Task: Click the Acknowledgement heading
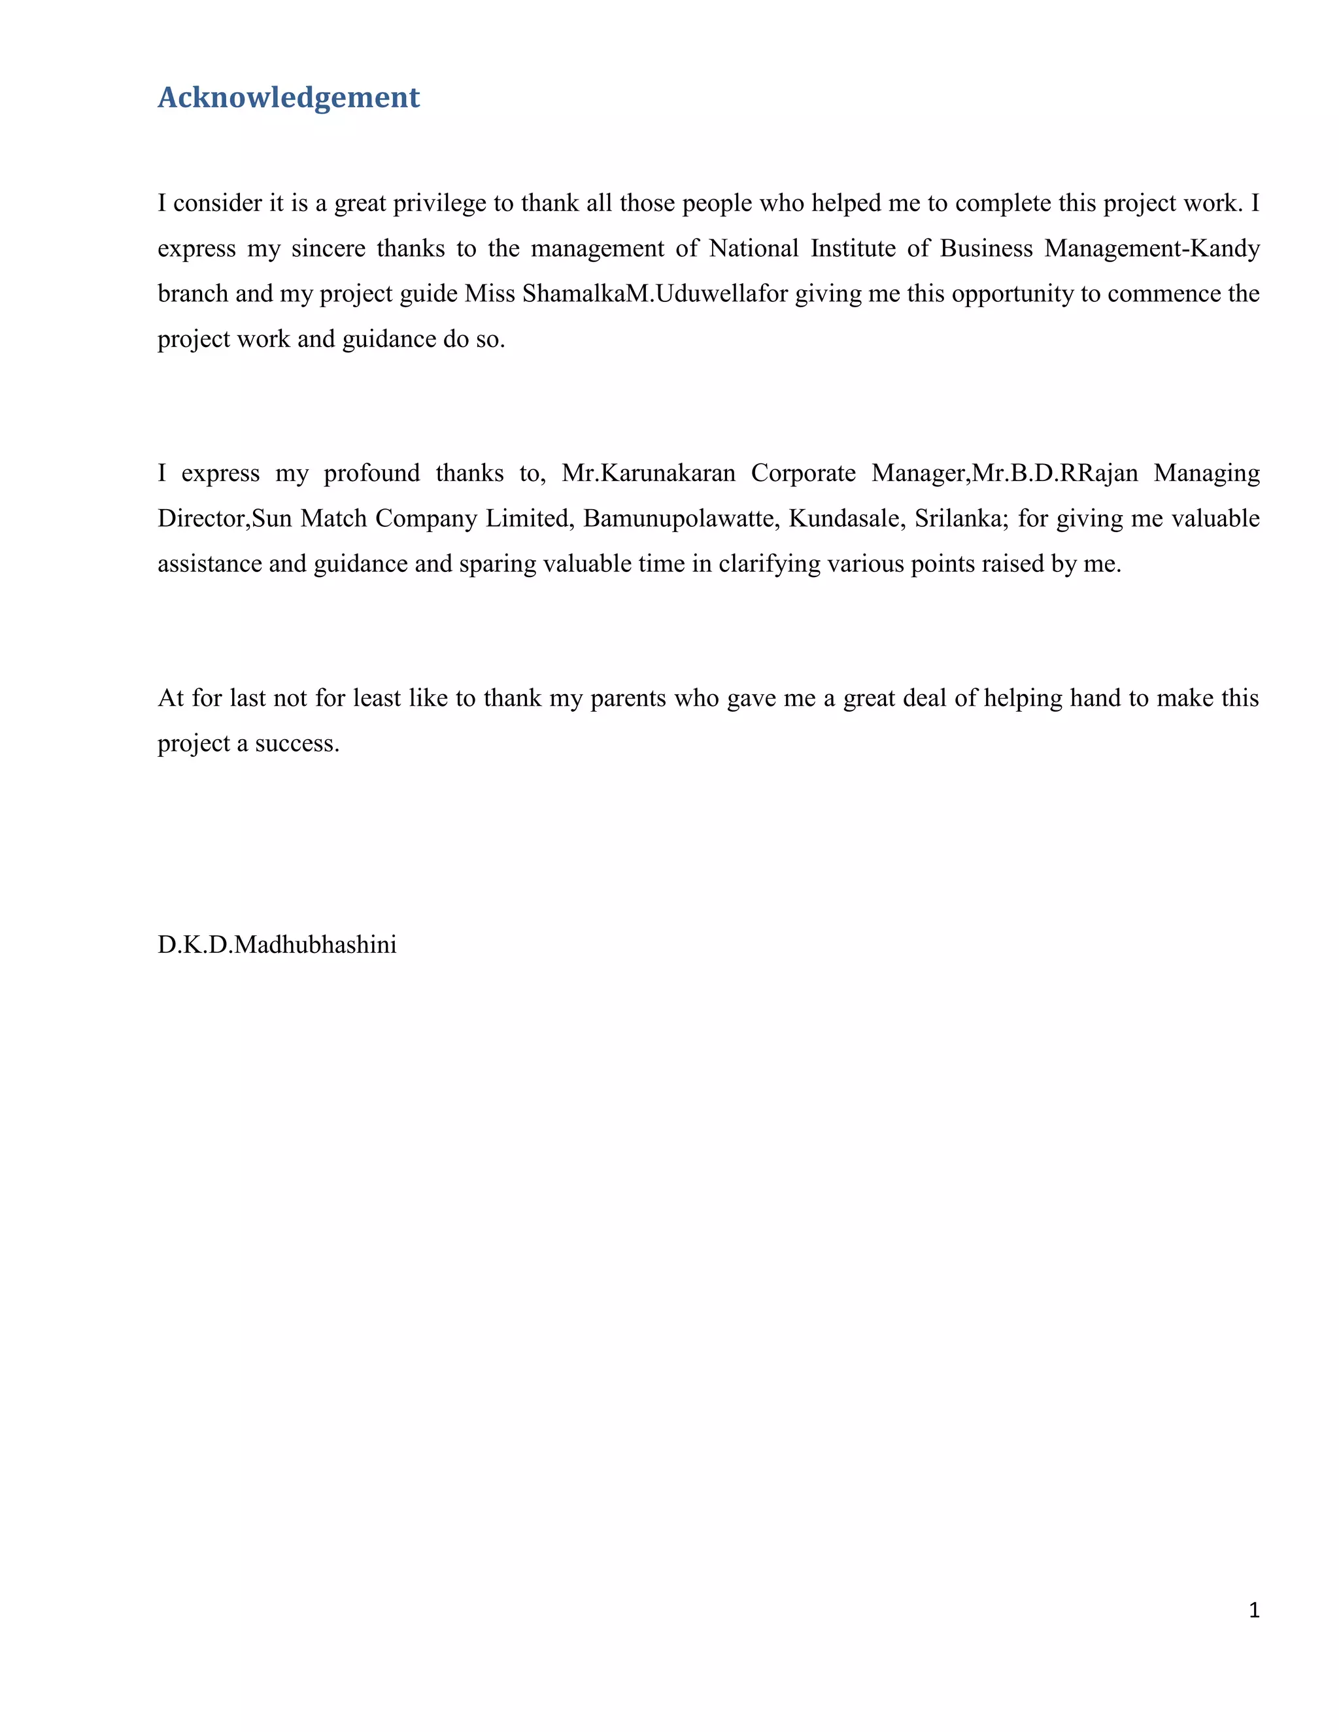click(x=289, y=97)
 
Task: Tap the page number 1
click(x=1254, y=1610)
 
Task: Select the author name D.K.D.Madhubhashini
click(x=277, y=944)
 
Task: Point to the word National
click(x=754, y=249)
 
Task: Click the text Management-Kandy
click(x=1152, y=249)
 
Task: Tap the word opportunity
click(x=1012, y=294)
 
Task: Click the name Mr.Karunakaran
click(x=648, y=473)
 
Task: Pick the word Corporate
click(x=803, y=473)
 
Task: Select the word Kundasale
click(x=845, y=519)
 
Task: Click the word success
click(x=297, y=744)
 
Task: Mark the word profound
click(x=371, y=473)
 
